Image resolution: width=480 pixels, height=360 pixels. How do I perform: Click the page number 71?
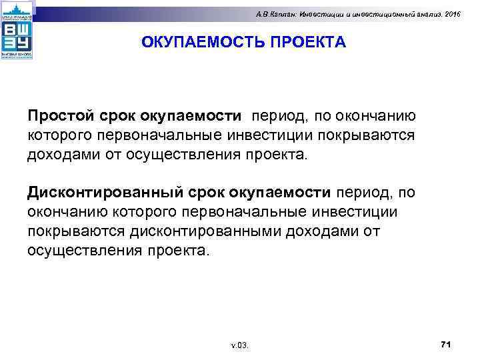pyautogui.click(x=446, y=343)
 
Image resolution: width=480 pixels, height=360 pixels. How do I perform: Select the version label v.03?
pyautogui.click(x=239, y=345)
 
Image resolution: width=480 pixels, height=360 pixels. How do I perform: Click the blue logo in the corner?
pyautogui.click(x=17, y=31)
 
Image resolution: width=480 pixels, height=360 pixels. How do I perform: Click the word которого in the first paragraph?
pyautogui.click(x=60, y=135)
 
